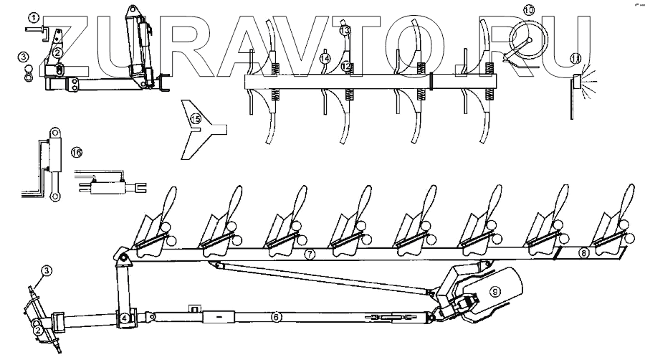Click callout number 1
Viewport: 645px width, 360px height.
point(34,15)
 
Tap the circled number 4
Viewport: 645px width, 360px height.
point(124,318)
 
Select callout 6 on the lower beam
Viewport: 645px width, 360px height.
point(277,316)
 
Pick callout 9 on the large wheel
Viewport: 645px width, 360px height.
point(492,291)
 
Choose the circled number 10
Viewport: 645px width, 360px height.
point(528,10)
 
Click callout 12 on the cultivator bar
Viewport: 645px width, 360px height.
point(346,66)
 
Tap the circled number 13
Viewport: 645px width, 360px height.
point(345,31)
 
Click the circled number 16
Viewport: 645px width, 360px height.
point(77,151)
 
